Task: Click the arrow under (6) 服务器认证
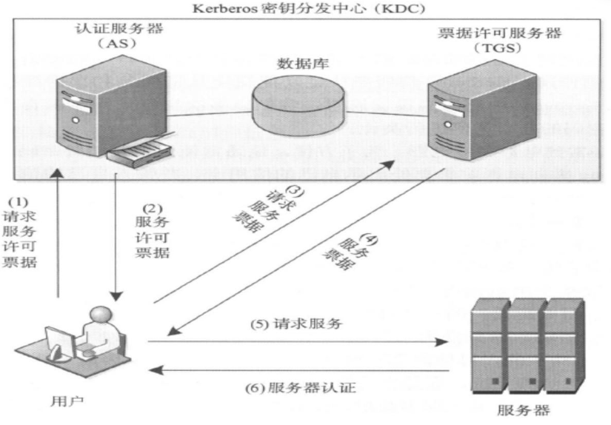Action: (296, 369)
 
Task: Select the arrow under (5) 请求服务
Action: (296, 341)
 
